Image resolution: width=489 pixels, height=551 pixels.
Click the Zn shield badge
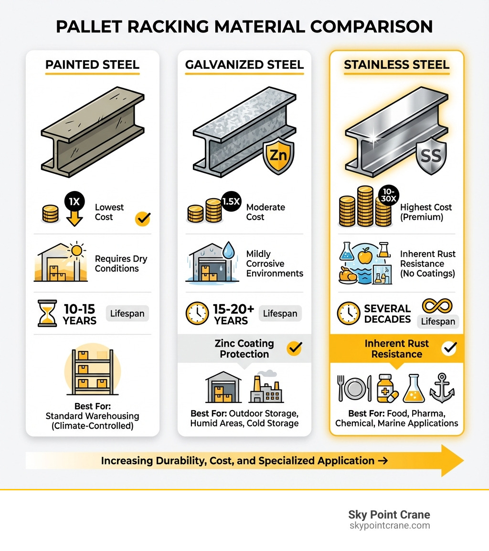tap(279, 156)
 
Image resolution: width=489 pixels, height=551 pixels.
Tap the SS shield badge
tap(431, 156)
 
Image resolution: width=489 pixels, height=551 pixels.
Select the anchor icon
tap(442, 388)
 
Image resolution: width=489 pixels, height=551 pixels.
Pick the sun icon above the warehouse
tap(76, 251)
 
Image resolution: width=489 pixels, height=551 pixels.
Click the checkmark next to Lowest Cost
tap(142, 218)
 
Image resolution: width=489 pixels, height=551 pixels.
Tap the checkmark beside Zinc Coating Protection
tap(294, 349)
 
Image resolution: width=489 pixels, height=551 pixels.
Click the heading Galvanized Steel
tap(244, 65)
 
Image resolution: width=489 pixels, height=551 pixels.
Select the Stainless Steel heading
tap(397, 65)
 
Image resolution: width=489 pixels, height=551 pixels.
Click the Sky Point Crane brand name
tap(389, 515)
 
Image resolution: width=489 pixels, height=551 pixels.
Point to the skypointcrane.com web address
tap(390, 526)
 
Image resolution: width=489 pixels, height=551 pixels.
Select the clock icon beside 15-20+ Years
tap(197, 314)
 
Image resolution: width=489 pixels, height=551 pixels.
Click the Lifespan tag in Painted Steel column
tap(127, 314)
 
